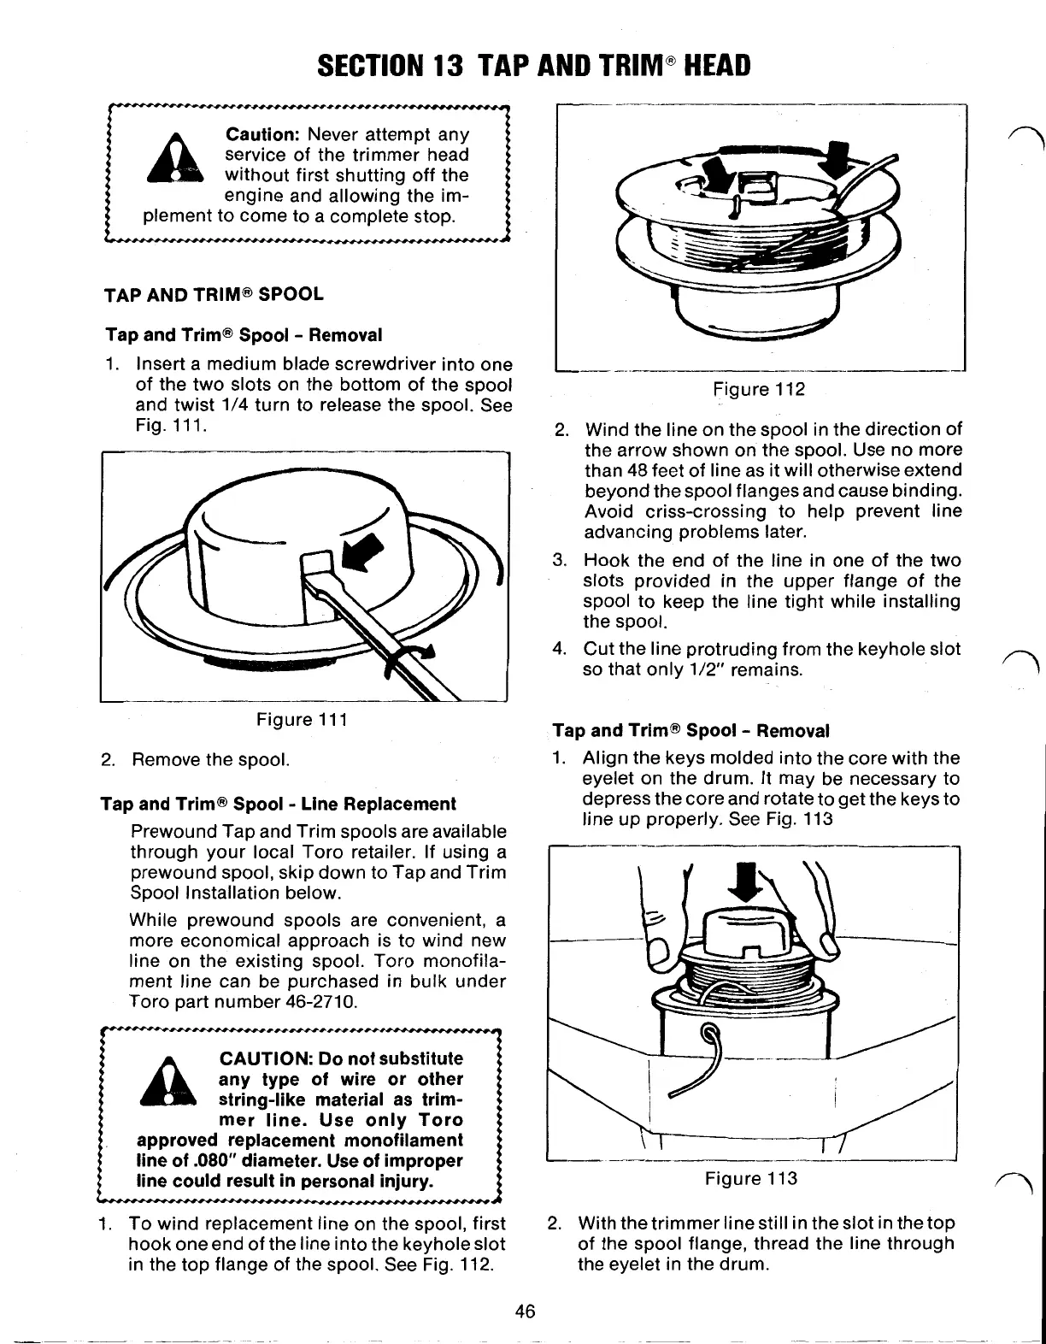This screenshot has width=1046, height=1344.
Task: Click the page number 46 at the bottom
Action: click(525, 1311)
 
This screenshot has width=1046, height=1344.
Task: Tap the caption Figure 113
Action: click(751, 1179)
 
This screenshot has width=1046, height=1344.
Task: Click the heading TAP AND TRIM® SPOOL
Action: click(214, 295)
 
